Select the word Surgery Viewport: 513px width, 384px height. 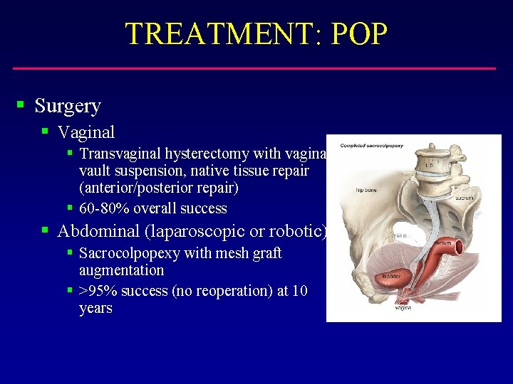tap(68, 106)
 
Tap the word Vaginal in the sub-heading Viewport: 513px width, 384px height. tap(85, 132)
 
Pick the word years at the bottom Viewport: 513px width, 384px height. tap(95, 309)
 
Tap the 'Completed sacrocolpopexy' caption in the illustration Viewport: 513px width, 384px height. tap(371, 146)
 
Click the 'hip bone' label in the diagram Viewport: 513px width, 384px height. tap(366, 190)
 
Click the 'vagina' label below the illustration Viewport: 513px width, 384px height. tap(404, 307)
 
